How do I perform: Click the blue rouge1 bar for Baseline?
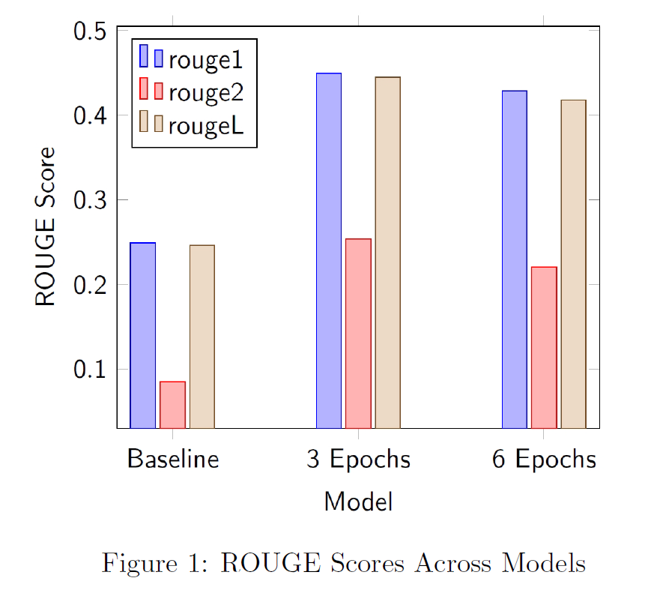[142, 335]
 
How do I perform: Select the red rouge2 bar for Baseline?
[172, 405]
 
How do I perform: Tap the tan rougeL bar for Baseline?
[202, 337]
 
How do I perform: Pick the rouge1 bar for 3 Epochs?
[328, 250]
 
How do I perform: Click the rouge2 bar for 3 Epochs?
[358, 333]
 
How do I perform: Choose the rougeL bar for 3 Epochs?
[388, 252]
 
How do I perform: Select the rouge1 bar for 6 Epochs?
[514, 259]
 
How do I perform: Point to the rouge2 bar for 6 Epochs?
[544, 347]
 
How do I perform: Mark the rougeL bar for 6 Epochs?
[574, 264]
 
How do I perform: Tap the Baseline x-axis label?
[173, 459]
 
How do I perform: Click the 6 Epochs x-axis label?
[544, 459]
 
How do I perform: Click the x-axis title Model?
[358, 502]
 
